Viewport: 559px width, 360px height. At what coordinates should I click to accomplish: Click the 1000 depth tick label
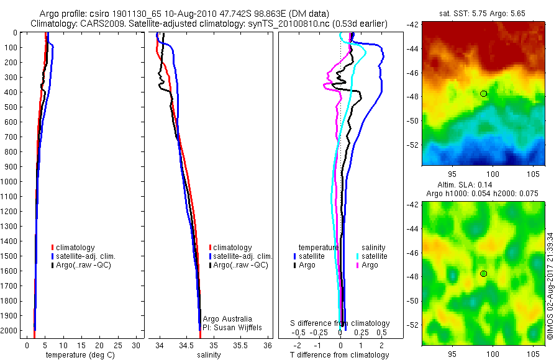[x=9, y=182]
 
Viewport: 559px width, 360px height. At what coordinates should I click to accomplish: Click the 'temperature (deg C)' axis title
[x=78, y=355]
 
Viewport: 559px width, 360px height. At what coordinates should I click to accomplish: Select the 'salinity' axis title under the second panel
[x=209, y=355]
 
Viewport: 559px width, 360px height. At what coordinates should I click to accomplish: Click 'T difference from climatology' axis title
[x=340, y=355]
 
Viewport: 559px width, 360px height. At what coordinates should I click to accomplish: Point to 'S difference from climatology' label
[x=340, y=323]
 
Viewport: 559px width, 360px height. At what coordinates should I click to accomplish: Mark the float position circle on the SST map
[x=483, y=94]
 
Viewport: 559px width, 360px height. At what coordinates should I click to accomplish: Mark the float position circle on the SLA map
[x=483, y=274]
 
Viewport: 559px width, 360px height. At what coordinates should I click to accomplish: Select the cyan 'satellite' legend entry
[x=373, y=256]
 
